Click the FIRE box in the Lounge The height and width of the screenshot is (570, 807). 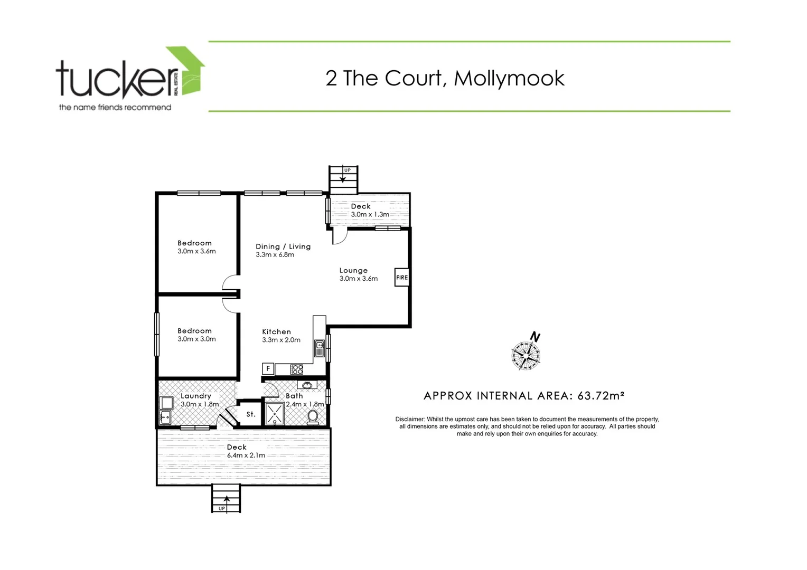coord(402,278)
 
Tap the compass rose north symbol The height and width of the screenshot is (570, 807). coord(526,354)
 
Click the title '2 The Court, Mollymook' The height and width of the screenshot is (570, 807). coord(445,78)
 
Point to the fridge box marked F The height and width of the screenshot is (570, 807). coord(268,369)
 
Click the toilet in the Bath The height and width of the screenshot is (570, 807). coord(313,417)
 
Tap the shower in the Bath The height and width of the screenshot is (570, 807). coord(274,414)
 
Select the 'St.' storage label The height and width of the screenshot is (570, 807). coord(251,414)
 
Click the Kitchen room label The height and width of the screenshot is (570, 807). coord(276,332)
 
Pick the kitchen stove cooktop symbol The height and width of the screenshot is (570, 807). coord(297,369)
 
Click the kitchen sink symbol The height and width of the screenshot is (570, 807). coord(319,348)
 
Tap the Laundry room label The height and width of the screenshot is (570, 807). coord(195,396)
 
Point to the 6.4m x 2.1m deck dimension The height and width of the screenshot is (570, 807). coord(246,455)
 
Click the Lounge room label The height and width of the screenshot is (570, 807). coord(353,270)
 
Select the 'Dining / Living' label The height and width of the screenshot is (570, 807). coord(283,246)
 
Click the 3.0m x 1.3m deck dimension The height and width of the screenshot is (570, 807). coord(370,215)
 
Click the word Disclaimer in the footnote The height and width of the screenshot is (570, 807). coord(410,419)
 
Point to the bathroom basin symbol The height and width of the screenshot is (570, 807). coord(307,385)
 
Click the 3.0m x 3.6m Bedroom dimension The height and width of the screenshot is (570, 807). coord(196,251)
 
